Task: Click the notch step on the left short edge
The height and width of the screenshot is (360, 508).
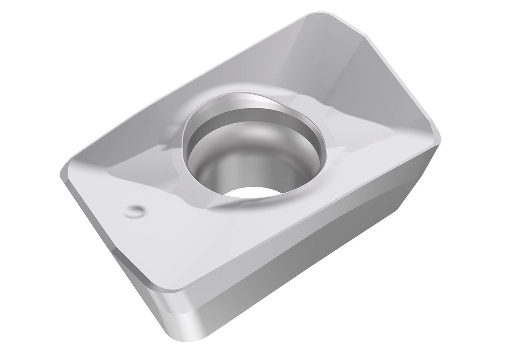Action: click(x=116, y=251)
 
